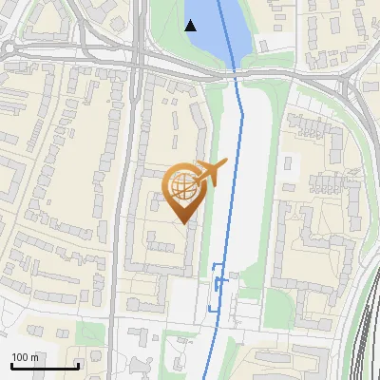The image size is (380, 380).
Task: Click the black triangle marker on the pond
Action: (x=191, y=26)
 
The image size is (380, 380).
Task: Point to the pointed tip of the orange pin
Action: (x=184, y=222)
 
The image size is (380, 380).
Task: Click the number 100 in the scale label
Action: (x=21, y=358)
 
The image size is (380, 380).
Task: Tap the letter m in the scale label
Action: (x=34, y=358)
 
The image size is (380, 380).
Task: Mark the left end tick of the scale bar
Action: (x=10, y=366)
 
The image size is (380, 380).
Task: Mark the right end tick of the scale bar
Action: (x=78, y=366)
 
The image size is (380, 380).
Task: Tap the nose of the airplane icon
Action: (x=226, y=164)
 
